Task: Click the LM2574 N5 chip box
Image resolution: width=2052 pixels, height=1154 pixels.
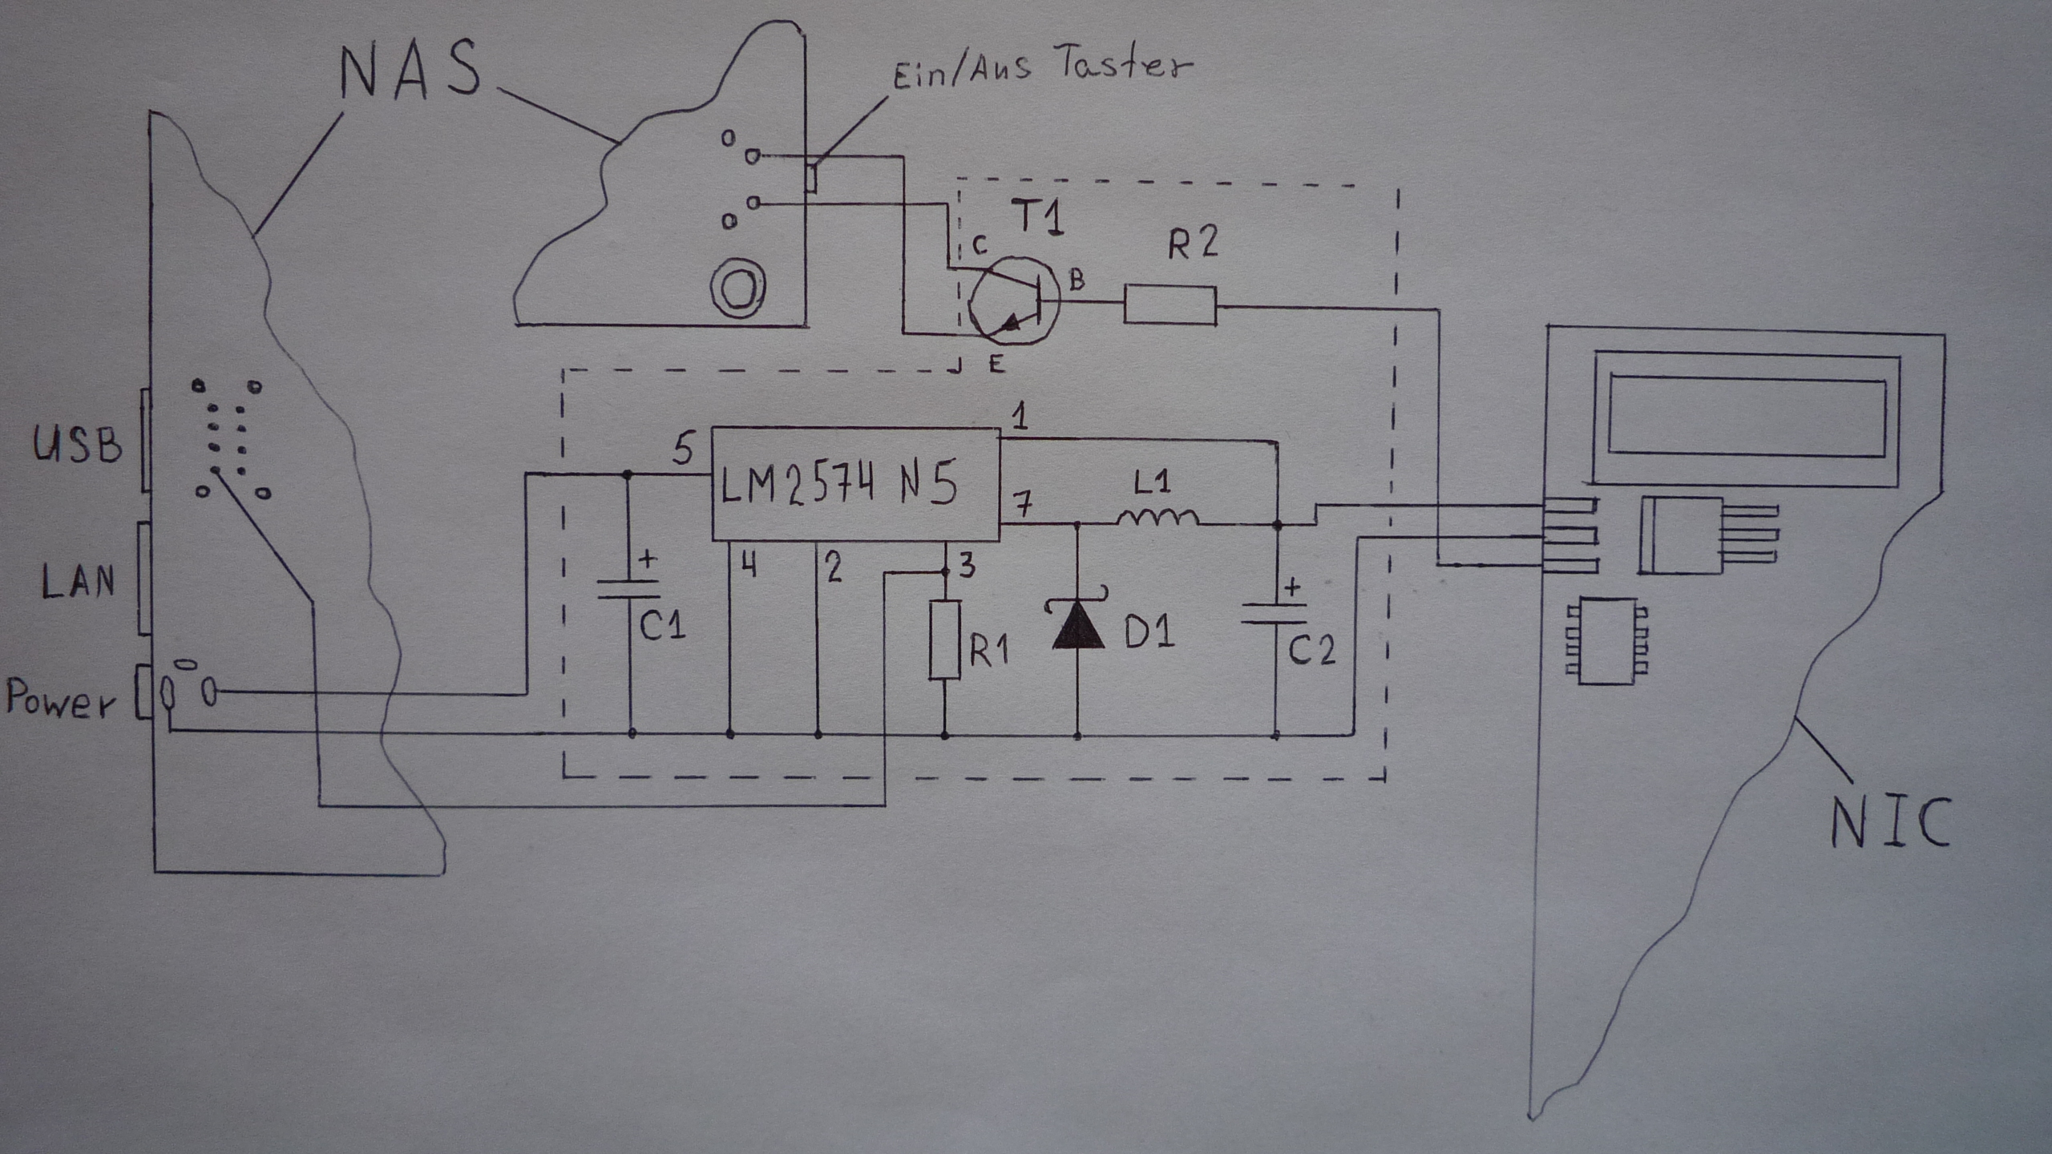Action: point(856,484)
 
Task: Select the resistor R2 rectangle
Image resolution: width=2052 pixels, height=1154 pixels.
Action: point(1170,305)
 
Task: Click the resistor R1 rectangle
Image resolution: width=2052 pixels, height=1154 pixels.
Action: point(945,640)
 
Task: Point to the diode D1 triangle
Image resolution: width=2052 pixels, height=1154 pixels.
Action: point(1076,625)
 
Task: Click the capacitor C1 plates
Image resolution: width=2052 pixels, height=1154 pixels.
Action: point(629,589)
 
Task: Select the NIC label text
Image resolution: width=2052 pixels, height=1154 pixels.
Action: point(1890,822)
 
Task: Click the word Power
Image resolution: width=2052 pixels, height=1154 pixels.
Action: point(61,699)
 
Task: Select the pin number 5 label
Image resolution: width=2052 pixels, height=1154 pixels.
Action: point(682,450)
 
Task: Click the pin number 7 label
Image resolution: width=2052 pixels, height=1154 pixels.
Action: point(1022,504)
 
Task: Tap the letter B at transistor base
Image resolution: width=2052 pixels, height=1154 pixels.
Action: point(1076,280)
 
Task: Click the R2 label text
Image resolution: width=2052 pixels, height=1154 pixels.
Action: point(1192,241)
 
